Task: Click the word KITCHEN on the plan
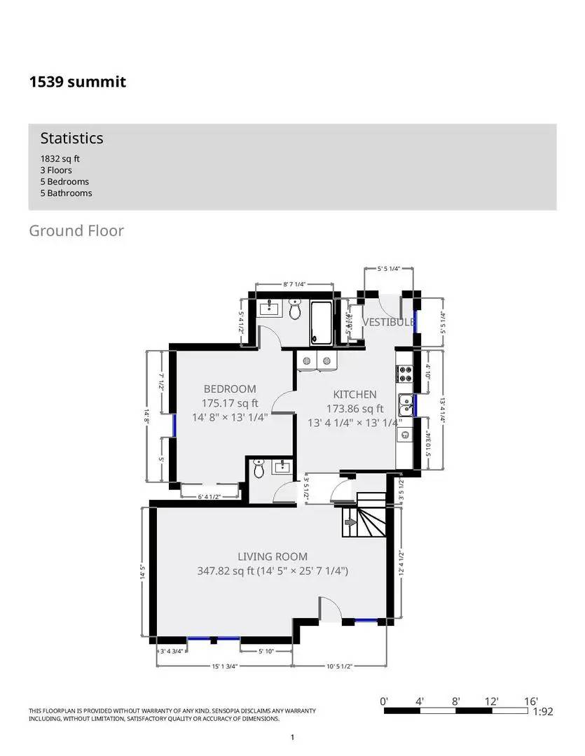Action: [355, 395]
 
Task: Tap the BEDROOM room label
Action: [230, 388]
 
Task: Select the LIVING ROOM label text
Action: [273, 557]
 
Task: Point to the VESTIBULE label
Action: [387, 322]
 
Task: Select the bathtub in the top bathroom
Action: [323, 322]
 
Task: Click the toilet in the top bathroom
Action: [295, 310]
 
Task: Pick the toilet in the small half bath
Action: [259, 469]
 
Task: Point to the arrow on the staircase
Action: [350, 521]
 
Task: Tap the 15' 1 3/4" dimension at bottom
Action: [224, 666]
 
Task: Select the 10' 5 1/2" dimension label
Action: [338, 666]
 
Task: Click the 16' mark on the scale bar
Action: [530, 701]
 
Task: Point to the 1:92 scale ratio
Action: [543, 712]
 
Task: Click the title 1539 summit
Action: [77, 82]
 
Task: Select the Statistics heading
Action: [71, 138]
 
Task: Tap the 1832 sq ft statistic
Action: [60, 159]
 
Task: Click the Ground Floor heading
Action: [76, 230]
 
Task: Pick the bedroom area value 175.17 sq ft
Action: [230, 403]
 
